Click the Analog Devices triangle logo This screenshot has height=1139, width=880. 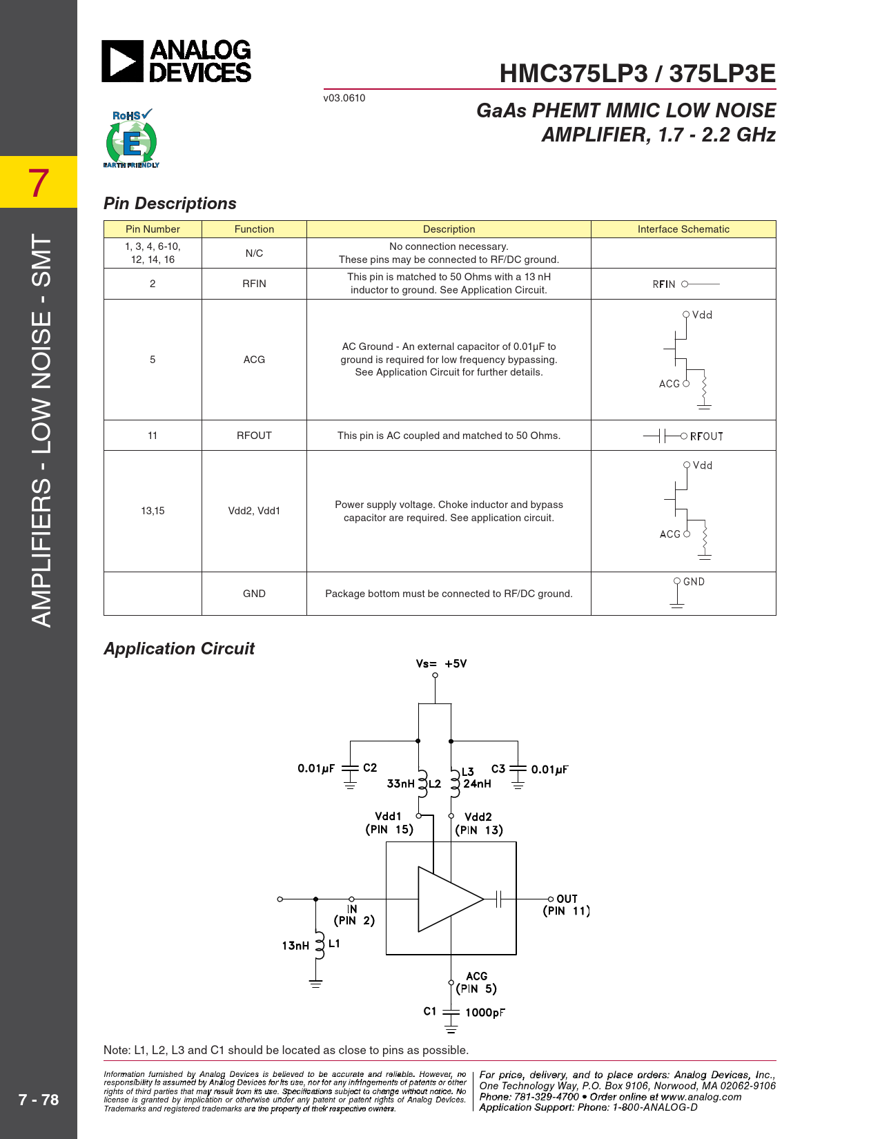coord(122,61)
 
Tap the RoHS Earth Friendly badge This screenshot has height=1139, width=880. coord(131,138)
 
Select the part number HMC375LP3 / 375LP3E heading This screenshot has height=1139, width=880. coord(637,73)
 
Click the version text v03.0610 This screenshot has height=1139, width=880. coord(344,98)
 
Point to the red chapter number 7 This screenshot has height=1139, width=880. coord(38,184)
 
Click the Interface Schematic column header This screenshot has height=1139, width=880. coord(683,229)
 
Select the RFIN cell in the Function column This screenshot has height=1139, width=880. coord(254,284)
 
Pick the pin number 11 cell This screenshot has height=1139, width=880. coord(153,436)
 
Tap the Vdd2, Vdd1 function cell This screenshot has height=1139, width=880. coord(254,511)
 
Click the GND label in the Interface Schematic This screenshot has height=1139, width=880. coord(694,582)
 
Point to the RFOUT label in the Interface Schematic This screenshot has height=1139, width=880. coord(707,436)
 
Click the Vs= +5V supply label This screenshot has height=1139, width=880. coord(441,663)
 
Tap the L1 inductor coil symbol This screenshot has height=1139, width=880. coord(319,945)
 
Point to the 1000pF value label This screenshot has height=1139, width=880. coord(485,1012)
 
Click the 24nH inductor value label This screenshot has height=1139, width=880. coord(477,783)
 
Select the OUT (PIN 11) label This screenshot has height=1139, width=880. coord(567,905)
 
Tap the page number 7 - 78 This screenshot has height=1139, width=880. coord(38,1099)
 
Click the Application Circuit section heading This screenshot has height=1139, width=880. coord(179,648)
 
